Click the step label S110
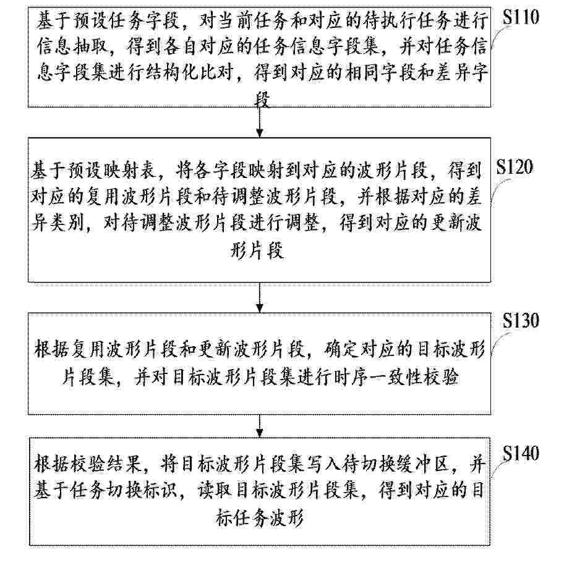(x=521, y=17)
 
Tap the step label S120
(x=515, y=167)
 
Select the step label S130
(x=521, y=320)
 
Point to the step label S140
(x=521, y=453)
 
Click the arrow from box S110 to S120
(x=260, y=122)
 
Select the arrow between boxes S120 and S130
(x=260, y=297)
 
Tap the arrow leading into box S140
(x=260, y=426)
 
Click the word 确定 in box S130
(x=341, y=350)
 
